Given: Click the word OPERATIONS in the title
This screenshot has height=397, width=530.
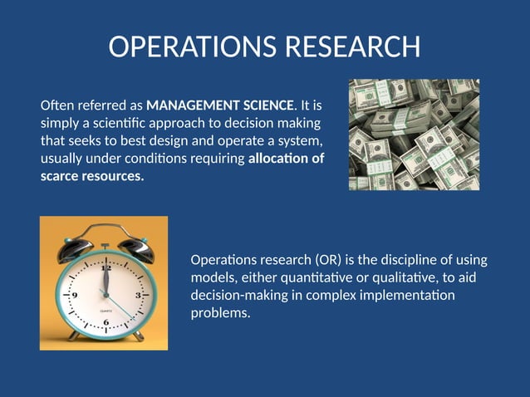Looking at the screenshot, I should pyautogui.click(x=193, y=47).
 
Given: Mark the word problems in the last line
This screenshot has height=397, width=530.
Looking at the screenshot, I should pyautogui.click(x=220, y=313).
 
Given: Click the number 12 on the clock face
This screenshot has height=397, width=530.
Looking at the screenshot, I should pyautogui.click(x=106, y=268).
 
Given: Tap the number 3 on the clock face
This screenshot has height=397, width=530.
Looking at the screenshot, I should pyautogui.click(x=138, y=295).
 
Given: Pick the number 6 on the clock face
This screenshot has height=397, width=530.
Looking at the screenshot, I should pyautogui.click(x=106, y=322).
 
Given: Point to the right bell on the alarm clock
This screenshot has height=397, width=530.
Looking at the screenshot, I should pyautogui.click(x=133, y=246).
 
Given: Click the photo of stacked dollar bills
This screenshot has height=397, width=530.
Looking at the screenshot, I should pyautogui.click(x=414, y=135).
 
